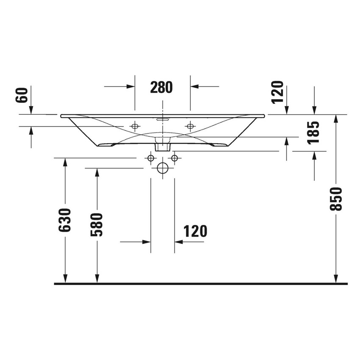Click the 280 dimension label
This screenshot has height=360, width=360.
click(162, 87)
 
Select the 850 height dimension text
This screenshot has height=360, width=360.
click(336, 199)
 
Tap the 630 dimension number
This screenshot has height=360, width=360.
click(65, 220)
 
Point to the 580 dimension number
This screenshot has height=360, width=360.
click(97, 224)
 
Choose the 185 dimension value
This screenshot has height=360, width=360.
click(314, 132)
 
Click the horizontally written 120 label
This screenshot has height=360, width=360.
click(195, 231)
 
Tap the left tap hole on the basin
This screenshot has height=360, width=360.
click(135, 126)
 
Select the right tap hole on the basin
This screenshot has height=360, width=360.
click(190, 126)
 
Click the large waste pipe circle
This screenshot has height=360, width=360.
click(163, 168)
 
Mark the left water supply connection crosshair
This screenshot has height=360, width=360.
click(150, 158)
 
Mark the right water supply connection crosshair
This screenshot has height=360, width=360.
click(174, 158)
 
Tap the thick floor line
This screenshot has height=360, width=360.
click(201, 284)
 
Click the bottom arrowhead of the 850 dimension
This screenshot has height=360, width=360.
click(336, 278)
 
